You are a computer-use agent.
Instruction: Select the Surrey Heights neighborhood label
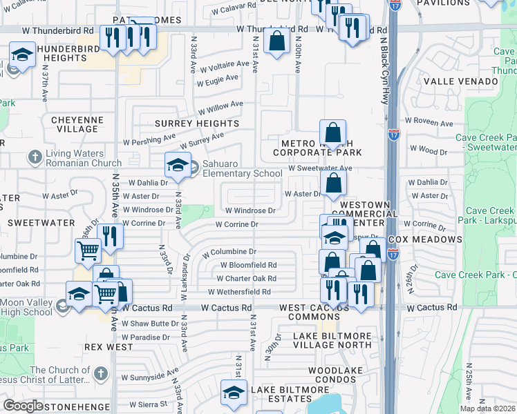196,124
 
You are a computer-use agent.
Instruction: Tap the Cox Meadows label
424,239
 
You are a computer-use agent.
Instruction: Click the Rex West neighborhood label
109,347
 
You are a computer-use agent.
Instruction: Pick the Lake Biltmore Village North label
332,341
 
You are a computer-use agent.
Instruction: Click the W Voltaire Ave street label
225,67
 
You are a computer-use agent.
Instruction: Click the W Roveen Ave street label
429,123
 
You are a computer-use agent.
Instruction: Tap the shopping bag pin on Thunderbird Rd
276,41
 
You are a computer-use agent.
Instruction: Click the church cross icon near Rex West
100,373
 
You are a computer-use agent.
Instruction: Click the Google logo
23,406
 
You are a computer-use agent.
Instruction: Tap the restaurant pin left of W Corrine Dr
110,236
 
